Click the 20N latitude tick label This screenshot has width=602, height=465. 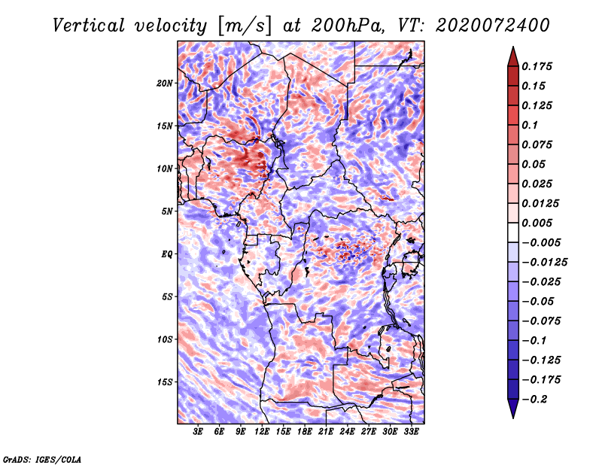tap(165, 84)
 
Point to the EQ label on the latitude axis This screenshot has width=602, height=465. tap(166, 254)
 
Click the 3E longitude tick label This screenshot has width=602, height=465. tap(198, 432)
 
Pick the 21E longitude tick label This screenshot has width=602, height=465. tap(326, 432)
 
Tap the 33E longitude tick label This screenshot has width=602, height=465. tap(411, 432)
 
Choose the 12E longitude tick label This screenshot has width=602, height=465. tap(261, 432)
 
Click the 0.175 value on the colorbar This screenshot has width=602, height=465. tap(537, 66)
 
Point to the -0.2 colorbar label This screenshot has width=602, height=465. tap(535, 400)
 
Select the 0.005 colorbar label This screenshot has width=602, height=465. tap(537, 223)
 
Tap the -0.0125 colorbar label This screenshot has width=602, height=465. tap(544, 263)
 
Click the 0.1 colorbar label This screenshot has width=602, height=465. tap(530, 125)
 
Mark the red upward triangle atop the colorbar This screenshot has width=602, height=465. tap(513, 56)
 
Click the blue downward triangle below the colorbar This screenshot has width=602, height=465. tap(513, 408)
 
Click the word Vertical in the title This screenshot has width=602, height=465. tap(89, 26)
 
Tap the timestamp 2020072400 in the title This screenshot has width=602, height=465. tap(493, 26)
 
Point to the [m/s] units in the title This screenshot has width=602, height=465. tap(245, 26)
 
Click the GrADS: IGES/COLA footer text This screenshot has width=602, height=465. tap(42, 460)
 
